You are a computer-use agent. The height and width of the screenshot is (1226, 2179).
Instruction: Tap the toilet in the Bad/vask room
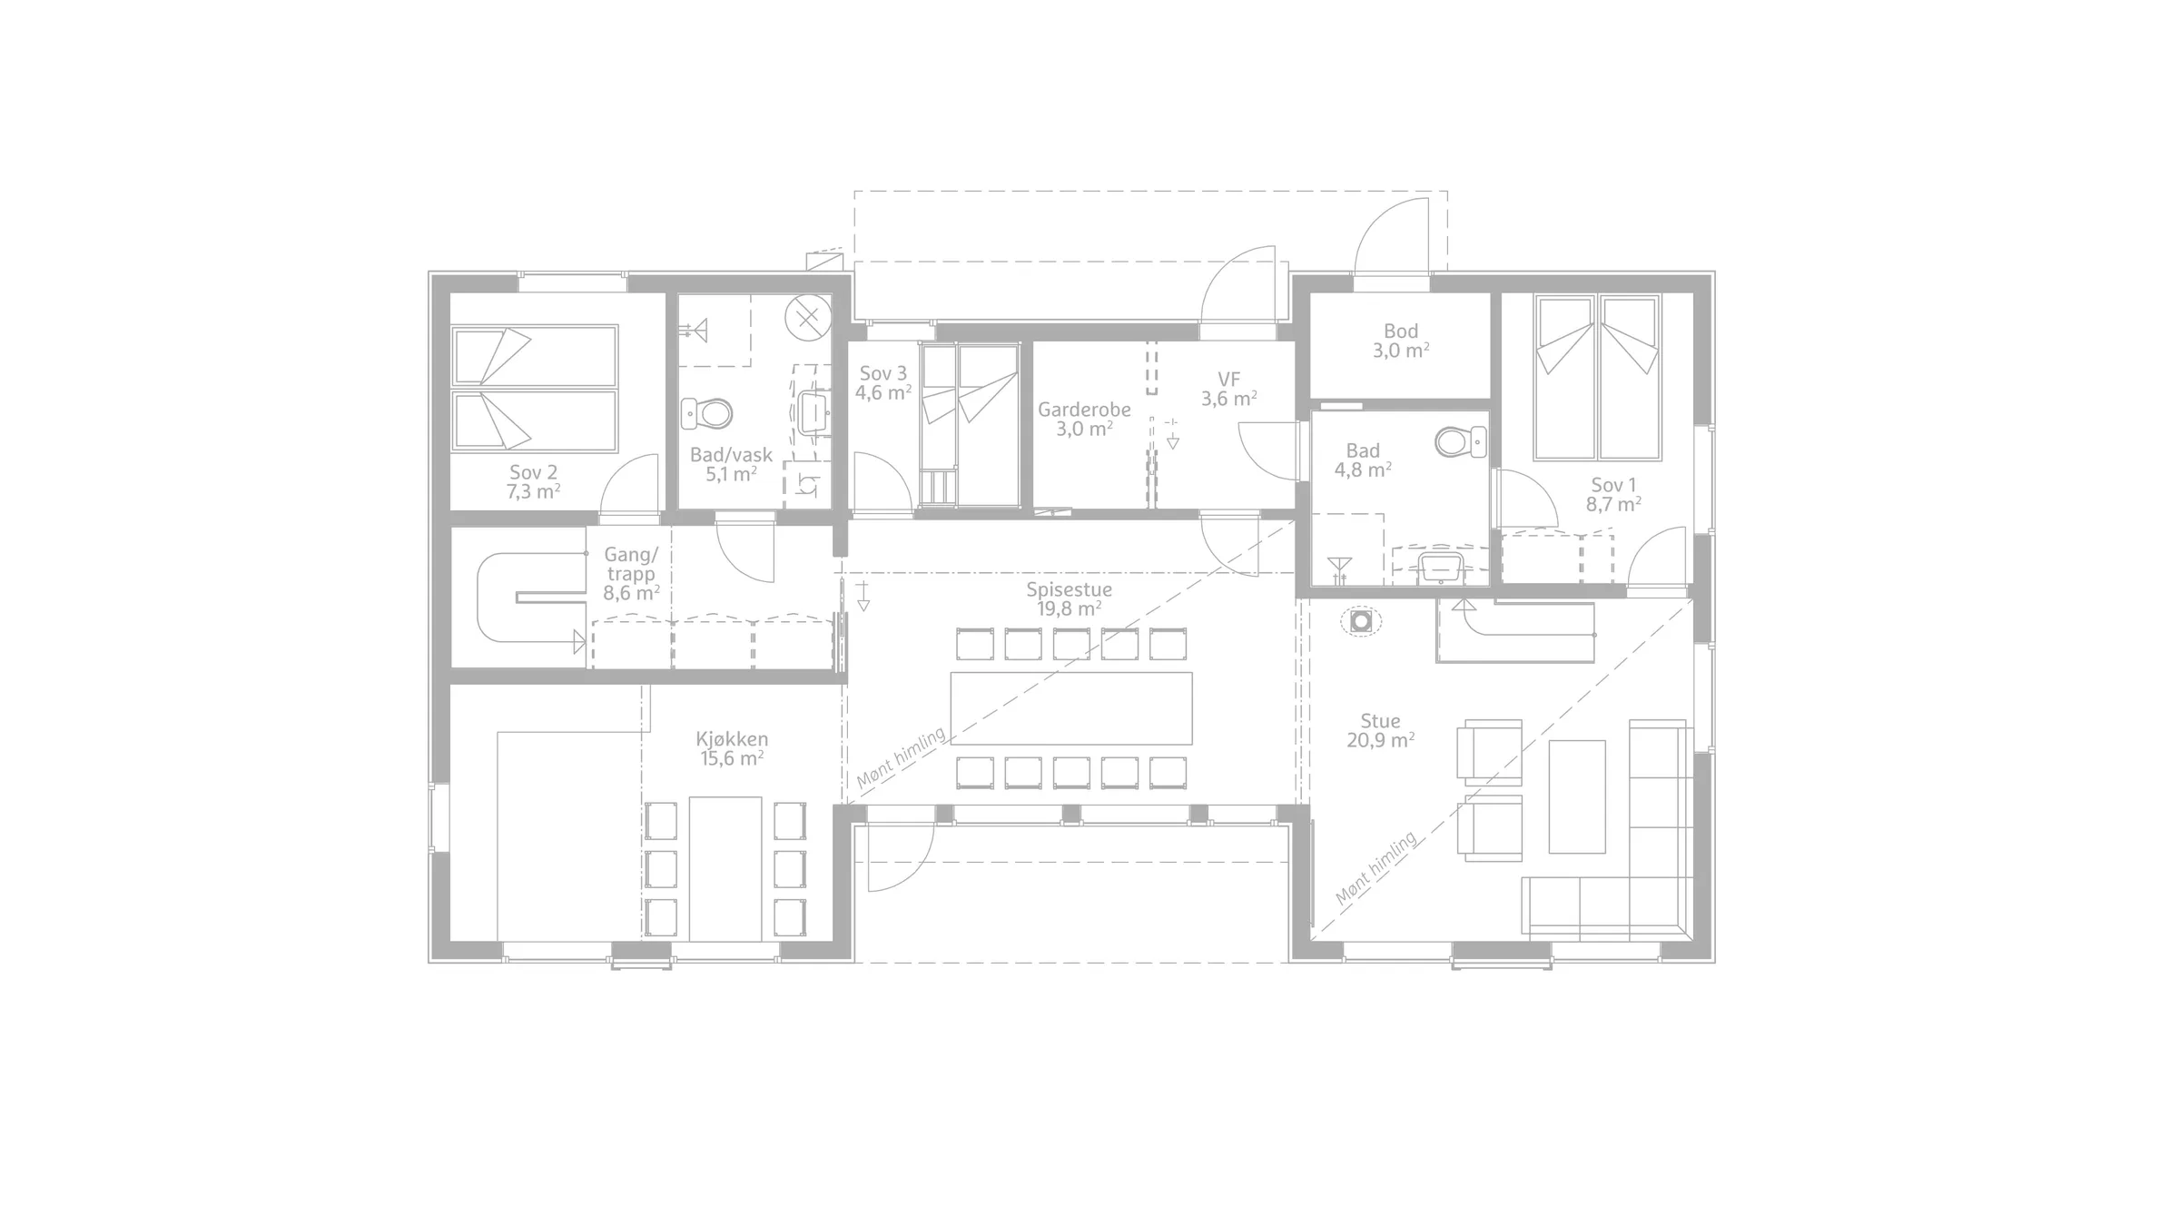(706, 414)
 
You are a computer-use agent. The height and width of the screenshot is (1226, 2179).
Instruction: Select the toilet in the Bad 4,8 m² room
(1461, 442)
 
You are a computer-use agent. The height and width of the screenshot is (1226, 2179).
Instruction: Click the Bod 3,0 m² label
(1401, 341)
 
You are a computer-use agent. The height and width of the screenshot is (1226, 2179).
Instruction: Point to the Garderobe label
(1084, 410)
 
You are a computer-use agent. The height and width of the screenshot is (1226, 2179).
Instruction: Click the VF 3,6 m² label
(1229, 389)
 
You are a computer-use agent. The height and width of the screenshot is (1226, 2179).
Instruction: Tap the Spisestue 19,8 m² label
(1070, 599)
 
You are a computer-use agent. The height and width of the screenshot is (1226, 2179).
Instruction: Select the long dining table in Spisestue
(1071, 708)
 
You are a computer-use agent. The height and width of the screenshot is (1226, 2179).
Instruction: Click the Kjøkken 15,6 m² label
(732, 749)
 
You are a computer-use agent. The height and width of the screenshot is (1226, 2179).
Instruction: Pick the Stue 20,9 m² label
(1380, 731)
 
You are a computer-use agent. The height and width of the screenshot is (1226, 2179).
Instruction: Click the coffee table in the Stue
(1577, 796)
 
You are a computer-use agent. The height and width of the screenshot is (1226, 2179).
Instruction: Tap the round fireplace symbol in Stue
(1360, 622)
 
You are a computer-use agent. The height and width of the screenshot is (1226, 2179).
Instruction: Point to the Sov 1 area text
(1613, 504)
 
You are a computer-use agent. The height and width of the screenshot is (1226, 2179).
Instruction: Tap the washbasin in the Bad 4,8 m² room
(1440, 567)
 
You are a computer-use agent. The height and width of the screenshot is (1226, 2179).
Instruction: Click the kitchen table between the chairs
(725, 869)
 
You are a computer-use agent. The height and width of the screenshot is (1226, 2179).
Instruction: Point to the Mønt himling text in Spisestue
(901, 757)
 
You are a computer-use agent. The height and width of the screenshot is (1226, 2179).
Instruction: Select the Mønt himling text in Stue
(1376, 868)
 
